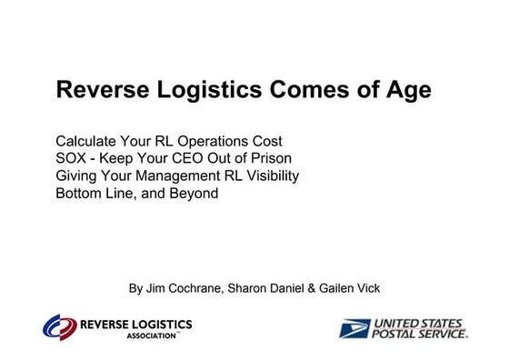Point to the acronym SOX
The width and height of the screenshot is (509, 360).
point(71,159)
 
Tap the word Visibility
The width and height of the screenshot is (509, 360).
point(267,176)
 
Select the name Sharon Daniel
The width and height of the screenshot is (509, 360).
point(267,288)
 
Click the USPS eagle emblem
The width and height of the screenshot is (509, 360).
point(355,327)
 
